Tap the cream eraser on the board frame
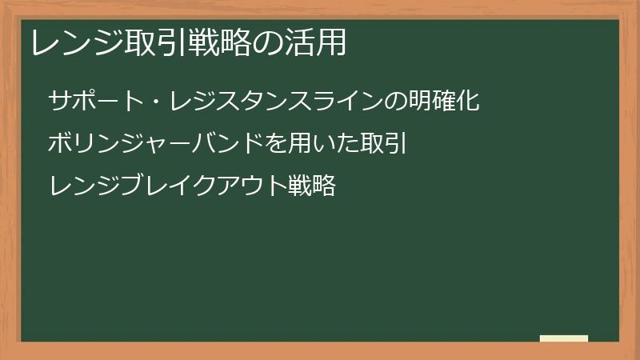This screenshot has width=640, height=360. [x=564, y=338]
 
